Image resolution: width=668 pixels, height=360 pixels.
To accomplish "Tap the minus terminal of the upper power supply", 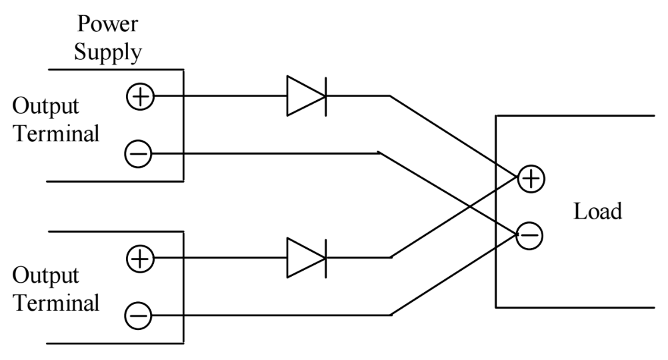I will tap(139, 154).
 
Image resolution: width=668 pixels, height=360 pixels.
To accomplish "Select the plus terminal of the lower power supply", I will tap(139, 257).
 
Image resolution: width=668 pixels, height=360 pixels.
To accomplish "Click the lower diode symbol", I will tap(306, 257).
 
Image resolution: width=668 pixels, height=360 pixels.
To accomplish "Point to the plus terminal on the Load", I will tap(531, 178).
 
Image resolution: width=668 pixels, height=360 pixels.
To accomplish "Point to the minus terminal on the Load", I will tap(530, 235).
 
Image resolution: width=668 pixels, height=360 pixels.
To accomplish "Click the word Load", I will tap(597, 212).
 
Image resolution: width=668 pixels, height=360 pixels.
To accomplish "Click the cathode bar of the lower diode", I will tap(325, 257).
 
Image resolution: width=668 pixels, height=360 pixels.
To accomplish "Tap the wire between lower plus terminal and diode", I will tap(220, 257).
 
